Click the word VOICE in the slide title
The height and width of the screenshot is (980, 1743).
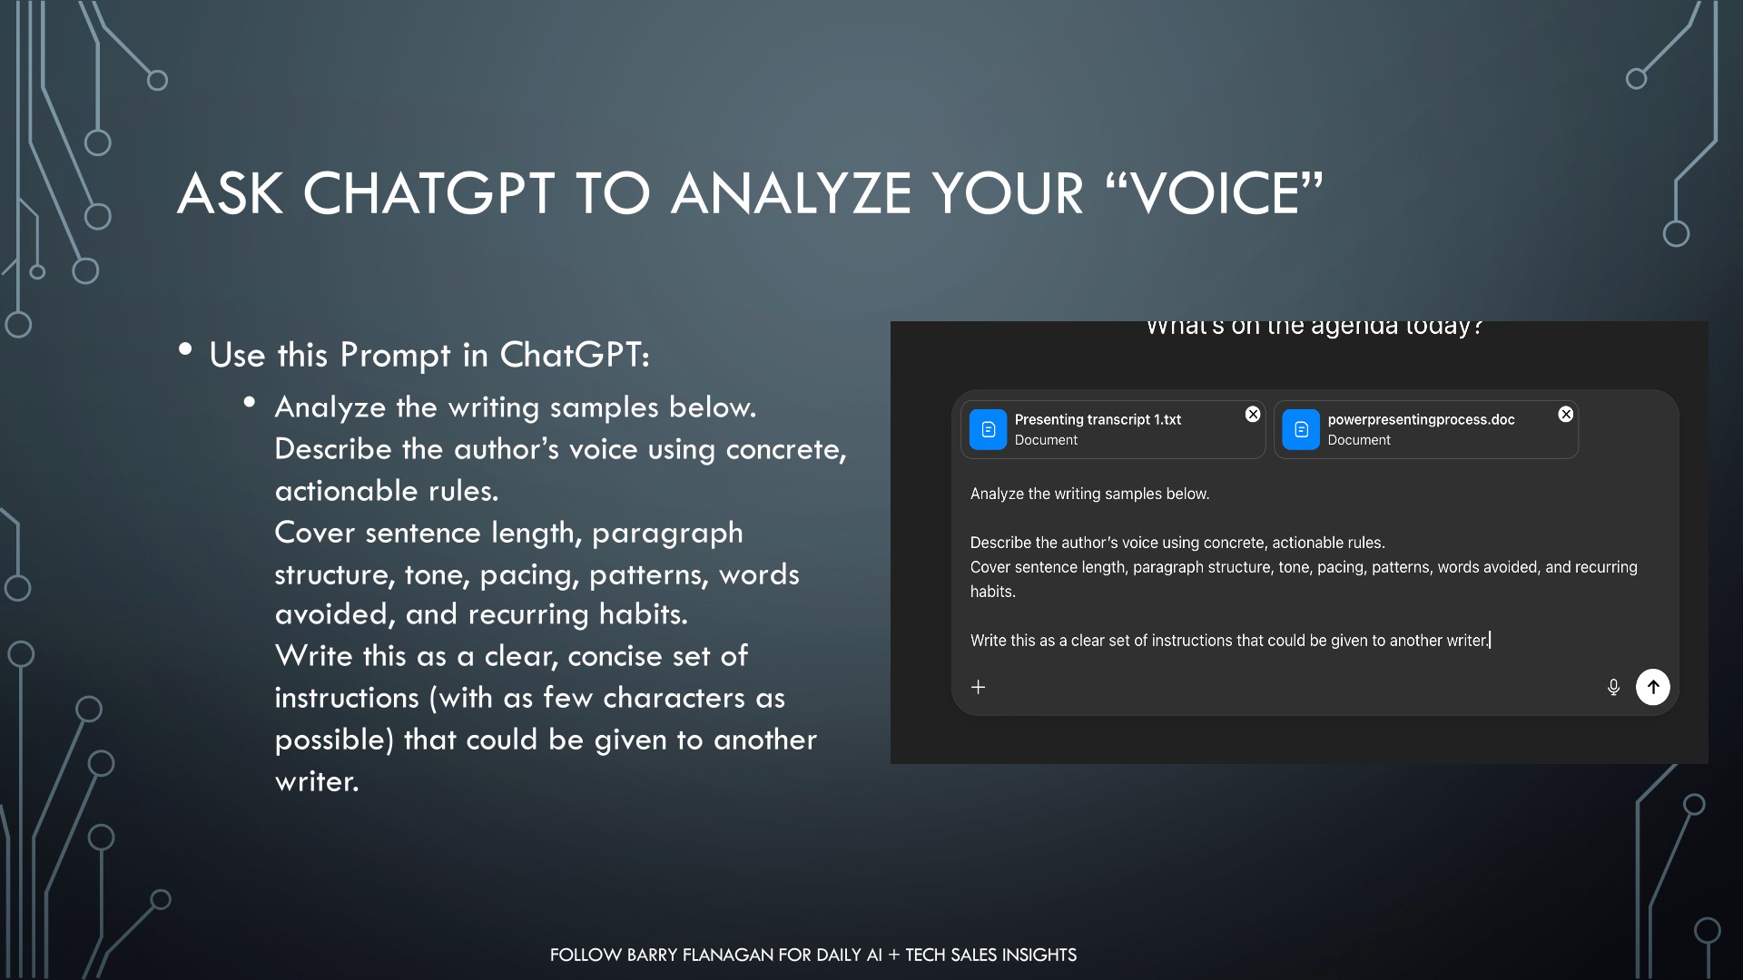click(x=1214, y=193)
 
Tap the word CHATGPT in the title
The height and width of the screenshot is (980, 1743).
click(x=428, y=193)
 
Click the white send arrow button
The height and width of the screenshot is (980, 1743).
click(x=1652, y=687)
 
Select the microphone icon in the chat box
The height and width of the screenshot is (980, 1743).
click(x=1613, y=687)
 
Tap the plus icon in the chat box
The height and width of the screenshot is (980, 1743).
click(x=978, y=687)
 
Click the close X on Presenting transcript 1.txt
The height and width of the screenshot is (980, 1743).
click(x=1253, y=414)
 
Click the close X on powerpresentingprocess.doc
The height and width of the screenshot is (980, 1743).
click(x=1566, y=414)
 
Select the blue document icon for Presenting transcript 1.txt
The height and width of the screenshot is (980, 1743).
click(x=988, y=429)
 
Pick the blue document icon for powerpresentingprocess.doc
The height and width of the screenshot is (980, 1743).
click(x=1301, y=429)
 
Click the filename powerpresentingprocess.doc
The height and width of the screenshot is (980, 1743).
click(x=1421, y=419)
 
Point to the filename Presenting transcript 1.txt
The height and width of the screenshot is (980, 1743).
click(x=1098, y=419)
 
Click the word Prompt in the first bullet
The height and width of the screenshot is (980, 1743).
click(x=395, y=355)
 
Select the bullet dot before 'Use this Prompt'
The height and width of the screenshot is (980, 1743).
click(x=185, y=349)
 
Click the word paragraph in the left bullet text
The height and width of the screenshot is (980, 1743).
click(x=667, y=534)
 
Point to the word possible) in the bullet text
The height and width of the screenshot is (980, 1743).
click(x=334, y=740)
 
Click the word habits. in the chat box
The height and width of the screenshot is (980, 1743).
click(x=993, y=592)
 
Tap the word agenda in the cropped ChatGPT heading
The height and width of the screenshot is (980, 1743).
click(x=1354, y=327)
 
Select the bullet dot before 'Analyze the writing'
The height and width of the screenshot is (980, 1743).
click(x=250, y=401)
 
